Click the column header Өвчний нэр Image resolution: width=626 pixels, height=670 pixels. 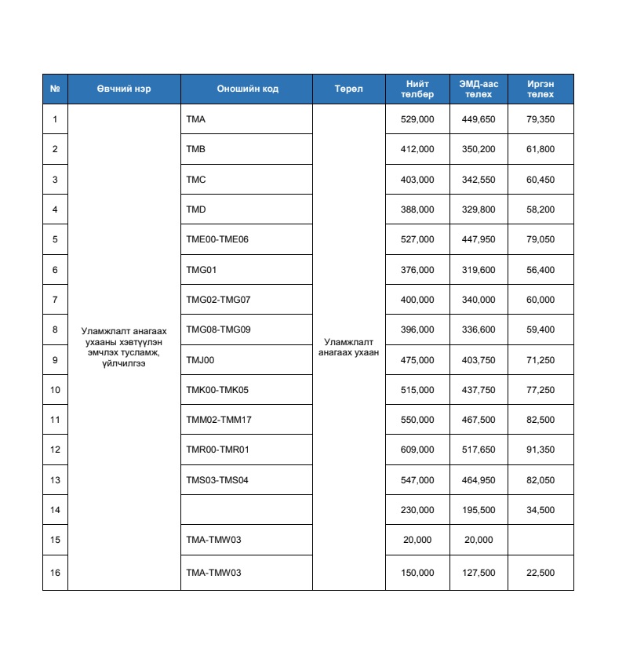pos(124,89)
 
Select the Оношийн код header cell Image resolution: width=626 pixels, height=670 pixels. pos(246,89)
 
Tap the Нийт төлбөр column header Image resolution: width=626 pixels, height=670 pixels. pos(417,89)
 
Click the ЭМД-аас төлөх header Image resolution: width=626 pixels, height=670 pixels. pos(479,89)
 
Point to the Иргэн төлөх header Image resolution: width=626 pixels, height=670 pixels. pos(540,89)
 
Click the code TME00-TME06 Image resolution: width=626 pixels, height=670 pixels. pos(217,239)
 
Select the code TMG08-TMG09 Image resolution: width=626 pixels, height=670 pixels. pos(218,330)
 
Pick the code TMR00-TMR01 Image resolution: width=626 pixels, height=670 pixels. pos(217,450)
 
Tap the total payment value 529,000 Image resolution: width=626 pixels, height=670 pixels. pos(417,119)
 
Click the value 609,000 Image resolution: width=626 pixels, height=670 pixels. pos(417,450)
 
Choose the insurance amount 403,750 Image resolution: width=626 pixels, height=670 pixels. pos(479,360)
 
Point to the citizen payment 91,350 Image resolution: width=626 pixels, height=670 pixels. pos(540,450)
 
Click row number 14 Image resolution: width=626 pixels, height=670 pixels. pos(55,510)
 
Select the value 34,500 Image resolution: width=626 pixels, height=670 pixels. pos(540,510)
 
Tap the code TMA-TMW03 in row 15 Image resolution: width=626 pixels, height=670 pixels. pos(213,540)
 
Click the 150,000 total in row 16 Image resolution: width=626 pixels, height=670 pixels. pos(417,573)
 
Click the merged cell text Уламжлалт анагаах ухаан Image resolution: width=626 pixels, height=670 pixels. pos(348,347)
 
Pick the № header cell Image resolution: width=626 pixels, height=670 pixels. pos(55,89)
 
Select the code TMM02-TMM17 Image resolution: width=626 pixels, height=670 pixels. pos(218,420)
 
